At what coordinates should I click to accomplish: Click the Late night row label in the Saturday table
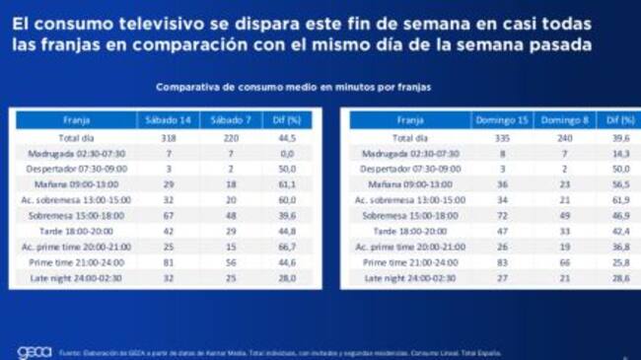click(76, 279)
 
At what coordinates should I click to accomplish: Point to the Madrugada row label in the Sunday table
click(411, 154)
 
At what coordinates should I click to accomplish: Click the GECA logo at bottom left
click(34, 352)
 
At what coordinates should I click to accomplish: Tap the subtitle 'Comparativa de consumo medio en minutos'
click(293, 88)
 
